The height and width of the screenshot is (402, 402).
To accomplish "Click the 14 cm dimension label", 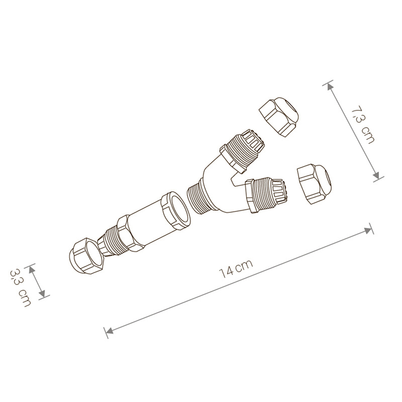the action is point(236,269).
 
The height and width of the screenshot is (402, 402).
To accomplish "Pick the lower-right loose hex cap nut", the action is point(315,185).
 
